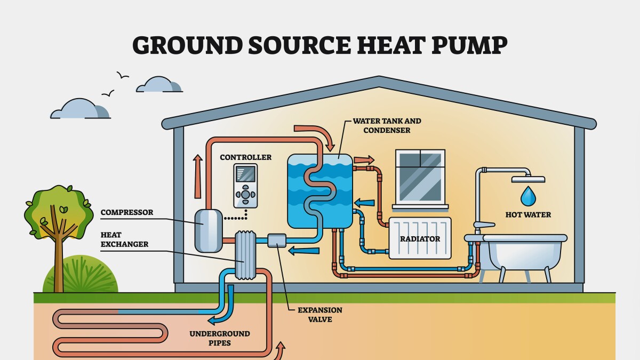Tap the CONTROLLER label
245,157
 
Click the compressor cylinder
208,230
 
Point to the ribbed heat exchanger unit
245,255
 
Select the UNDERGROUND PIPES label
219,338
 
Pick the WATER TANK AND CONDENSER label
379,125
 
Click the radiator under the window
420,238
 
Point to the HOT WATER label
527,215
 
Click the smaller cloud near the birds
158,85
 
